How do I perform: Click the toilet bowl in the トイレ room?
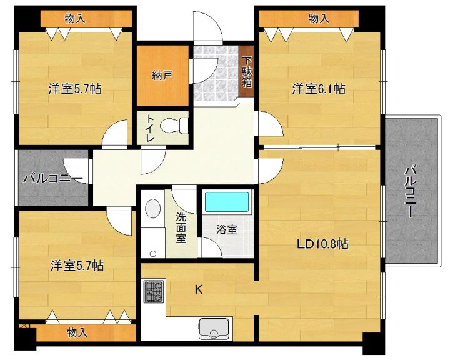173,126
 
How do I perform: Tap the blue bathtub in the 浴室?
227,202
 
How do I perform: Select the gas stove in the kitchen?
154,291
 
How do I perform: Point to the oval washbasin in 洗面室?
152,209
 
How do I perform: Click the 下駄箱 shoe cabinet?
246,72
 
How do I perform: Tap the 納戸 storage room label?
162,76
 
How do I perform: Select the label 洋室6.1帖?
319,89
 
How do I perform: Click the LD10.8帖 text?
322,244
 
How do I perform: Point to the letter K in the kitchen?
199,290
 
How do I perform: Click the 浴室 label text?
227,229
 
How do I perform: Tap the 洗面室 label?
181,229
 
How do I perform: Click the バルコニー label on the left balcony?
53,179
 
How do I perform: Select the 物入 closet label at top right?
319,19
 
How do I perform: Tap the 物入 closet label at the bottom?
77,332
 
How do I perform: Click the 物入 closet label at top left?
75,19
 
